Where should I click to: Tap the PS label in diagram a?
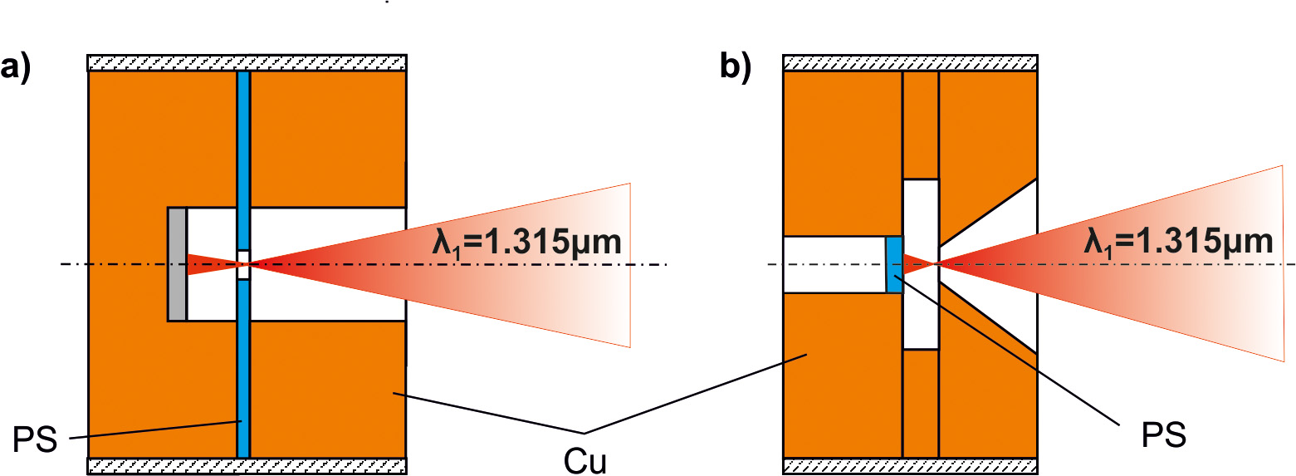34,438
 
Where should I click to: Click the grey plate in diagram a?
177,264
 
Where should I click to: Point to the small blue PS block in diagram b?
894,264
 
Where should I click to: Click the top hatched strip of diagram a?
247,63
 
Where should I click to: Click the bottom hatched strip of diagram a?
247,465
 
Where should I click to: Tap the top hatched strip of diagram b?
910,63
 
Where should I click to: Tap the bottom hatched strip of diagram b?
910,465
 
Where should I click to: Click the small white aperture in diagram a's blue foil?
243,264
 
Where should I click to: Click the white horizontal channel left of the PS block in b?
834,264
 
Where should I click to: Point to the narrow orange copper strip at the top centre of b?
921,125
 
